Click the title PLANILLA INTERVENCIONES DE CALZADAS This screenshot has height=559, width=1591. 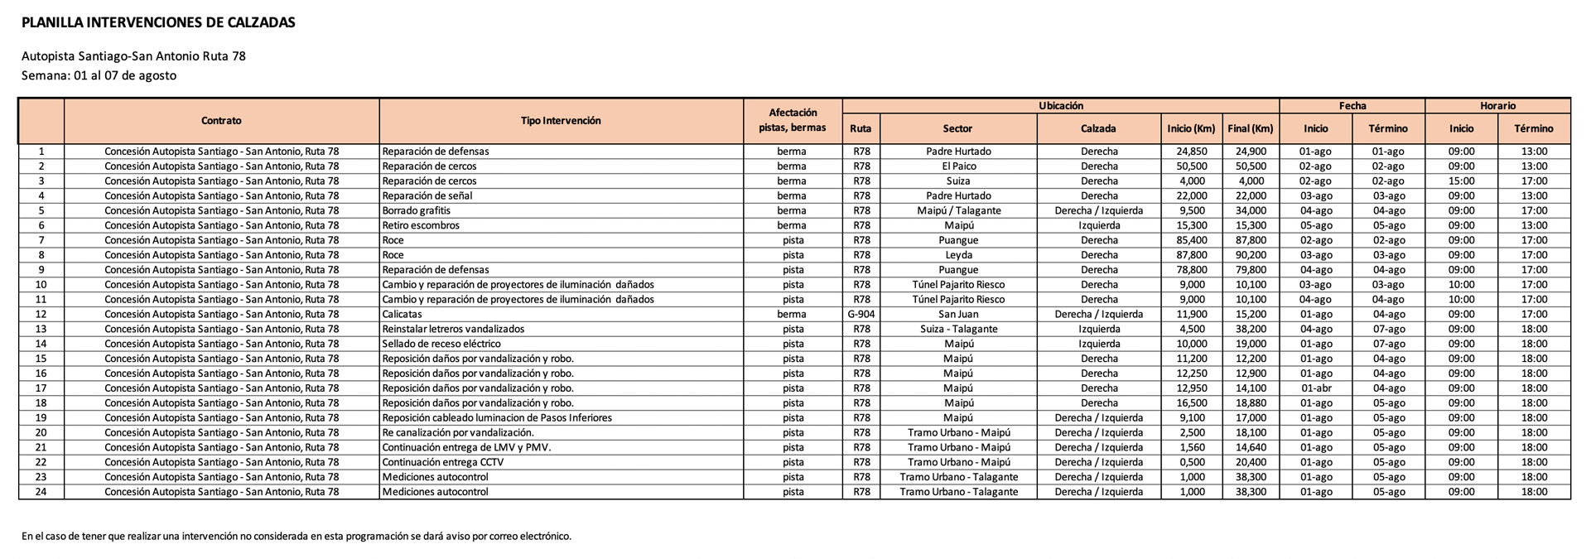(x=158, y=23)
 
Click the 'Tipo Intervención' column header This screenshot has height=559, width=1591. (x=561, y=121)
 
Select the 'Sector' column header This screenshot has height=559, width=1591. (x=957, y=128)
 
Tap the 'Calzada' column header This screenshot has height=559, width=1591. (x=1098, y=128)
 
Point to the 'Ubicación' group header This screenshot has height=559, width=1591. (x=1061, y=106)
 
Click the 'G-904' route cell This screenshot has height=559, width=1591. (x=861, y=315)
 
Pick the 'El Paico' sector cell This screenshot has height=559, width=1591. (x=958, y=166)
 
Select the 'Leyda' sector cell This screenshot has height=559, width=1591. (x=958, y=255)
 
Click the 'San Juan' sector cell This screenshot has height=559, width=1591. (x=958, y=315)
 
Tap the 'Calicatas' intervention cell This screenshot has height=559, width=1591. (x=403, y=315)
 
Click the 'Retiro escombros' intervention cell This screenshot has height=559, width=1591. (x=421, y=225)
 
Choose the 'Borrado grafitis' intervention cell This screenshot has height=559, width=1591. (x=417, y=210)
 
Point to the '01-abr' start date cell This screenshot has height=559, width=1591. (x=1315, y=388)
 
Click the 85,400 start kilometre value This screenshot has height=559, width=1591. (x=1192, y=240)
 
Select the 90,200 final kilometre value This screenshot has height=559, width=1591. (x=1251, y=255)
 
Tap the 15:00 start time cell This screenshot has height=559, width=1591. (x=1461, y=181)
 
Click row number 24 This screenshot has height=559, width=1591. (x=41, y=492)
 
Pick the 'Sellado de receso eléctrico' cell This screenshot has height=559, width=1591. (x=441, y=344)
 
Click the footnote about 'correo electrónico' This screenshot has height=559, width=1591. (x=297, y=536)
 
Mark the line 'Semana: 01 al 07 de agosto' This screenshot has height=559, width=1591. (x=99, y=75)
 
